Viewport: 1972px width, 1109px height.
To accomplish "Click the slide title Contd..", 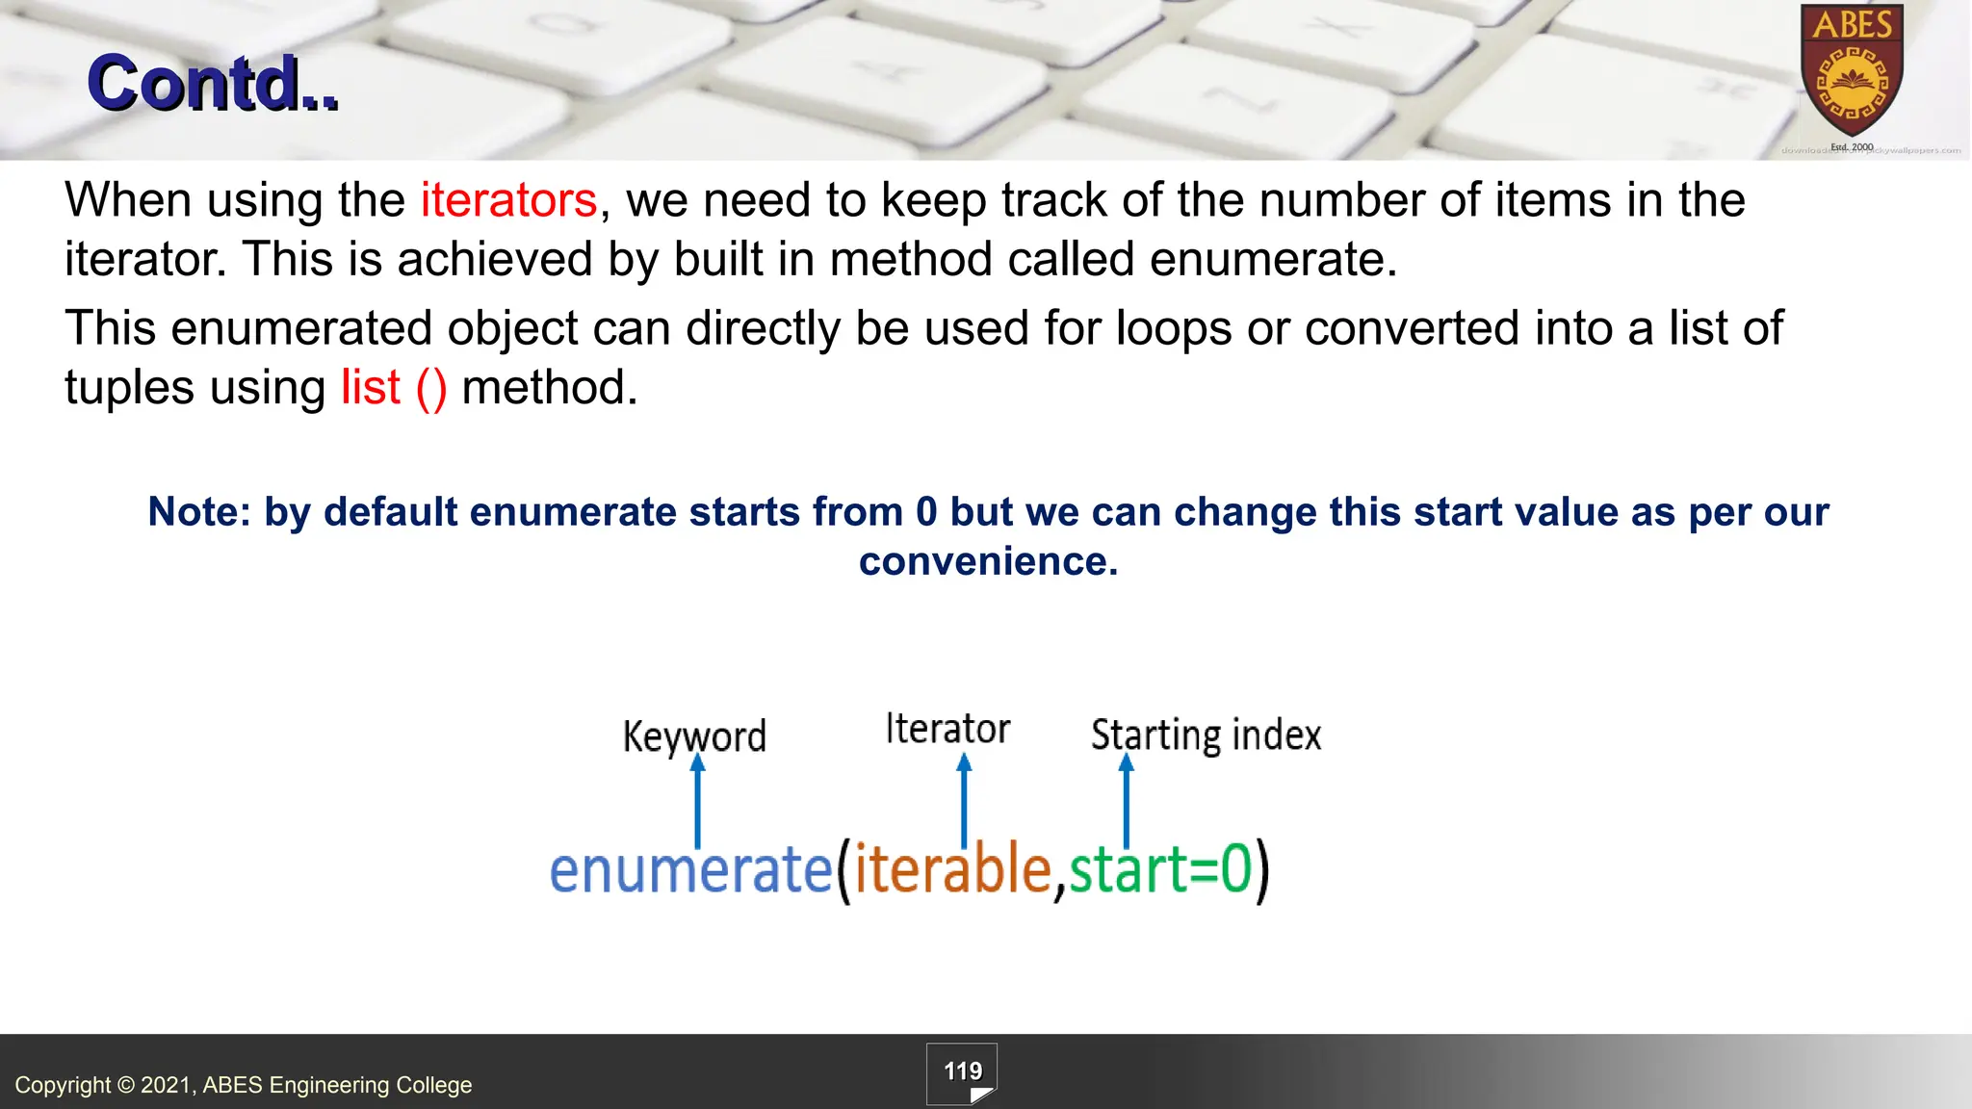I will click(212, 84).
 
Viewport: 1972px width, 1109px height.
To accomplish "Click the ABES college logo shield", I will click(1852, 72).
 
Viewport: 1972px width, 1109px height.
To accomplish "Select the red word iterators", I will click(508, 200).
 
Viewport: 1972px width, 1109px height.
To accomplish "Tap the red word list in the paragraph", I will click(370, 387).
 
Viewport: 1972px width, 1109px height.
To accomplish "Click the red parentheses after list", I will click(431, 388).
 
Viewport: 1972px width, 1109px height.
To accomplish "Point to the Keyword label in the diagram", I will click(693, 736).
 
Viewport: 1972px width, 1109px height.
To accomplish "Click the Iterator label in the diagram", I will click(947, 729).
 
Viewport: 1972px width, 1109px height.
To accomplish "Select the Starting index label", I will click(1206, 735).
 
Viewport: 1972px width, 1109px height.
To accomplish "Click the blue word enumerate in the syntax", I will click(689, 869).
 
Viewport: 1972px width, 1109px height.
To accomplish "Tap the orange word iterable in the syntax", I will click(952, 869).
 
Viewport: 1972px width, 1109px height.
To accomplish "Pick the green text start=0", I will click(1160, 869).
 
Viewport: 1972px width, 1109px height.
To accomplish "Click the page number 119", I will click(962, 1071).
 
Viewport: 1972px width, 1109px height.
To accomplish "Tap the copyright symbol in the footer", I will click(126, 1085).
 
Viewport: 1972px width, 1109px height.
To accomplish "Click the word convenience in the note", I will click(988, 561).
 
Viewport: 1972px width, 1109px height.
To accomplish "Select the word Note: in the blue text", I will click(199, 512).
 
